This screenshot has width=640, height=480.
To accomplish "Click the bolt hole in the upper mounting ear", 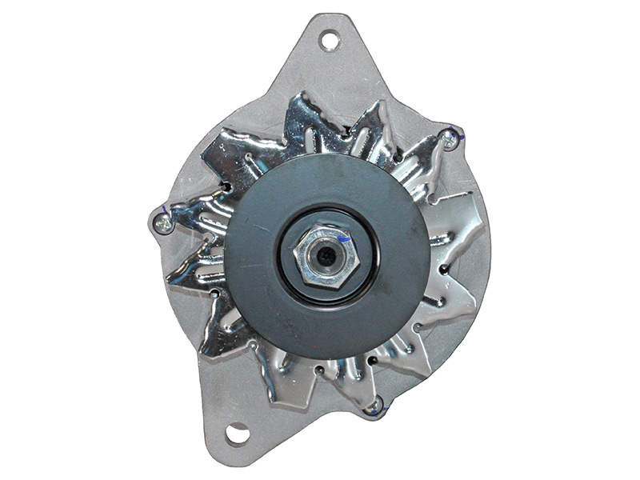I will tap(330, 40).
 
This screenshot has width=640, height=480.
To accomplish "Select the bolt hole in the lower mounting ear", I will tap(237, 434).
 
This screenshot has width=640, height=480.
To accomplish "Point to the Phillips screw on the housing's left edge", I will tap(163, 223).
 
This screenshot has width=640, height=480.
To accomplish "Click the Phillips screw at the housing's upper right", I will tap(451, 140).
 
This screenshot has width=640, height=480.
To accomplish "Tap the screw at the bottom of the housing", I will tap(373, 406).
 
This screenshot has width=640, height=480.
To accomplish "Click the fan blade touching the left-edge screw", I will tap(192, 216).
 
